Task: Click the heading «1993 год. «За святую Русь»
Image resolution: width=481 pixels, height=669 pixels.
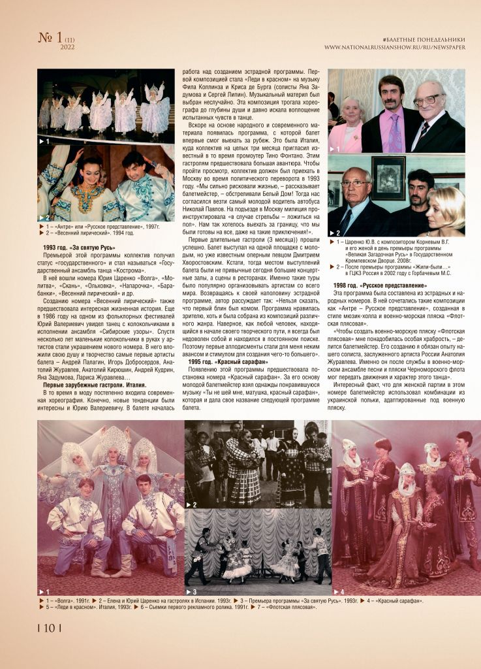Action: pyautogui.click(x=78, y=248)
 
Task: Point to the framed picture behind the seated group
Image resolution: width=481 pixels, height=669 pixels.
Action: pyautogui.click(x=388, y=177)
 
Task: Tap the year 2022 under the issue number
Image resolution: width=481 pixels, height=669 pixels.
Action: pyautogui.click(x=67, y=47)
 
